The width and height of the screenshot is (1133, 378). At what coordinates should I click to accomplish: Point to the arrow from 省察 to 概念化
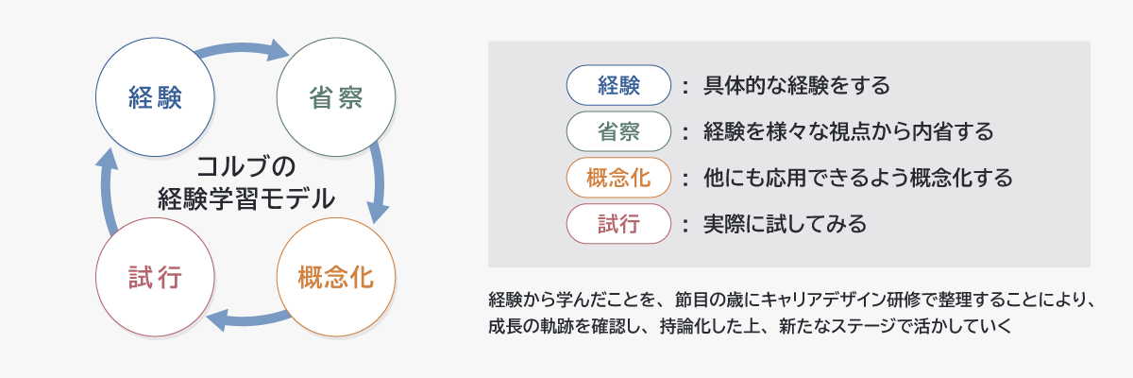click(379, 183)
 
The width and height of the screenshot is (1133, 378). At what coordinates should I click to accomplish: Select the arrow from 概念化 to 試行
click(247, 319)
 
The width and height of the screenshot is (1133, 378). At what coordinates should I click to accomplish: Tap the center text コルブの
click(245, 166)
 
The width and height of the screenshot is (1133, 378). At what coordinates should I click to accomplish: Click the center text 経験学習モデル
click(246, 198)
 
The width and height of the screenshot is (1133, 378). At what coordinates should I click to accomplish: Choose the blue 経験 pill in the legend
click(618, 85)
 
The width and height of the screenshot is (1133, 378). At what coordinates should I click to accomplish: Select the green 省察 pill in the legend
click(618, 131)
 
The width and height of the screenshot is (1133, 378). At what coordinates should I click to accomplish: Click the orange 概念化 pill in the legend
click(618, 178)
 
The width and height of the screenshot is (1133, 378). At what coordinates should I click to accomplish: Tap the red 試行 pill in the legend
click(618, 224)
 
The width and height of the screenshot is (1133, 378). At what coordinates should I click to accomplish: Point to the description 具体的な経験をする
click(797, 85)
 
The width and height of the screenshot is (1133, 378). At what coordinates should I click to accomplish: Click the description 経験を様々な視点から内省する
click(848, 131)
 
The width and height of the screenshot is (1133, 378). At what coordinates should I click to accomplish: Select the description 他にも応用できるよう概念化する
click(858, 178)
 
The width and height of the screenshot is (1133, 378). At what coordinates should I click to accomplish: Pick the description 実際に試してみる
click(785, 224)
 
